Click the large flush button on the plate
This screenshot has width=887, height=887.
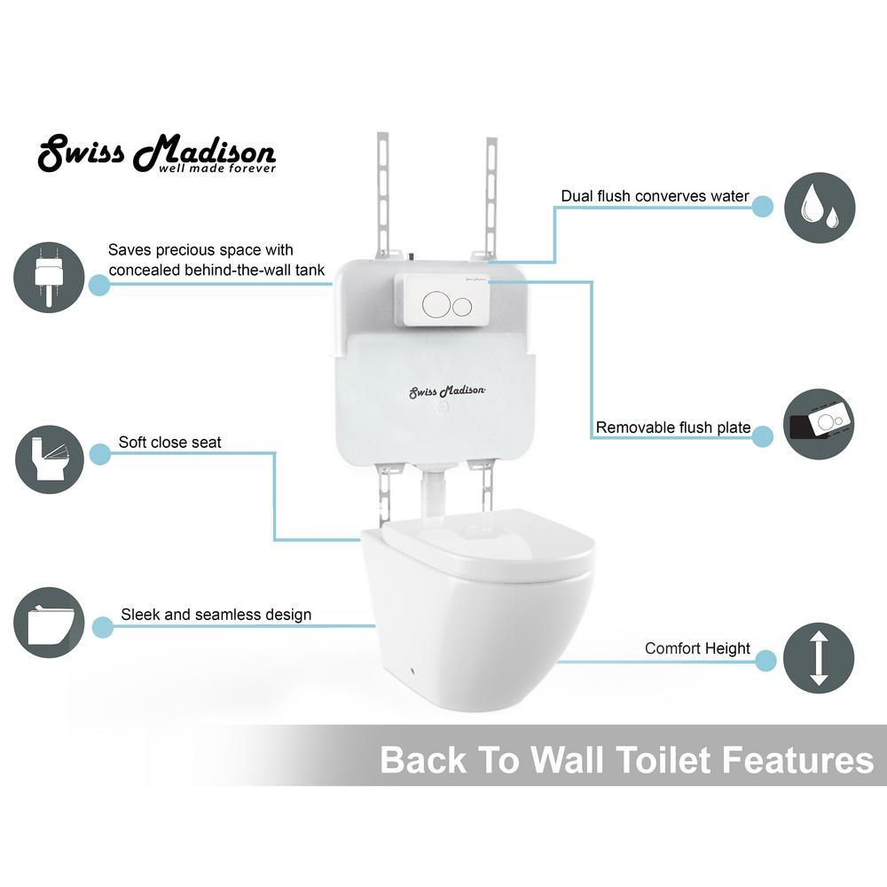click(x=436, y=304)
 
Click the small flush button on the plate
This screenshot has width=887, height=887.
click(x=462, y=306)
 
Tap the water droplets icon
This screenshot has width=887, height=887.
click(x=819, y=208)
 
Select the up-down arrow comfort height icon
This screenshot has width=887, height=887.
click(x=819, y=658)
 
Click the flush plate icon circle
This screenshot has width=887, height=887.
click(x=819, y=424)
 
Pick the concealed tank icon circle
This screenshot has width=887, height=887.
click(x=49, y=277)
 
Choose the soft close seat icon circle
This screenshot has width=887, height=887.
click(x=49, y=459)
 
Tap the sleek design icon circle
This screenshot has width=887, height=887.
click(x=49, y=623)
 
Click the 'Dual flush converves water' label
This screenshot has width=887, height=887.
click(x=655, y=196)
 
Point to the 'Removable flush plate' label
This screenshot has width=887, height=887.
click(x=673, y=428)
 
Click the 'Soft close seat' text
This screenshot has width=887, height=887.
click(x=169, y=443)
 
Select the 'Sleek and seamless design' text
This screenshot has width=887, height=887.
click(x=216, y=615)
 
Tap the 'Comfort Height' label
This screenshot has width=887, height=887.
click(x=697, y=648)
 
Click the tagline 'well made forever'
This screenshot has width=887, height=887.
click(x=217, y=169)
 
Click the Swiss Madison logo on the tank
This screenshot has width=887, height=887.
click(x=447, y=391)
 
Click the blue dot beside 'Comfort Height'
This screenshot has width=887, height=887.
click(x=765, y=661)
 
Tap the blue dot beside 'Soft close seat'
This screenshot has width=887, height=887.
click(x=100, y=454)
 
